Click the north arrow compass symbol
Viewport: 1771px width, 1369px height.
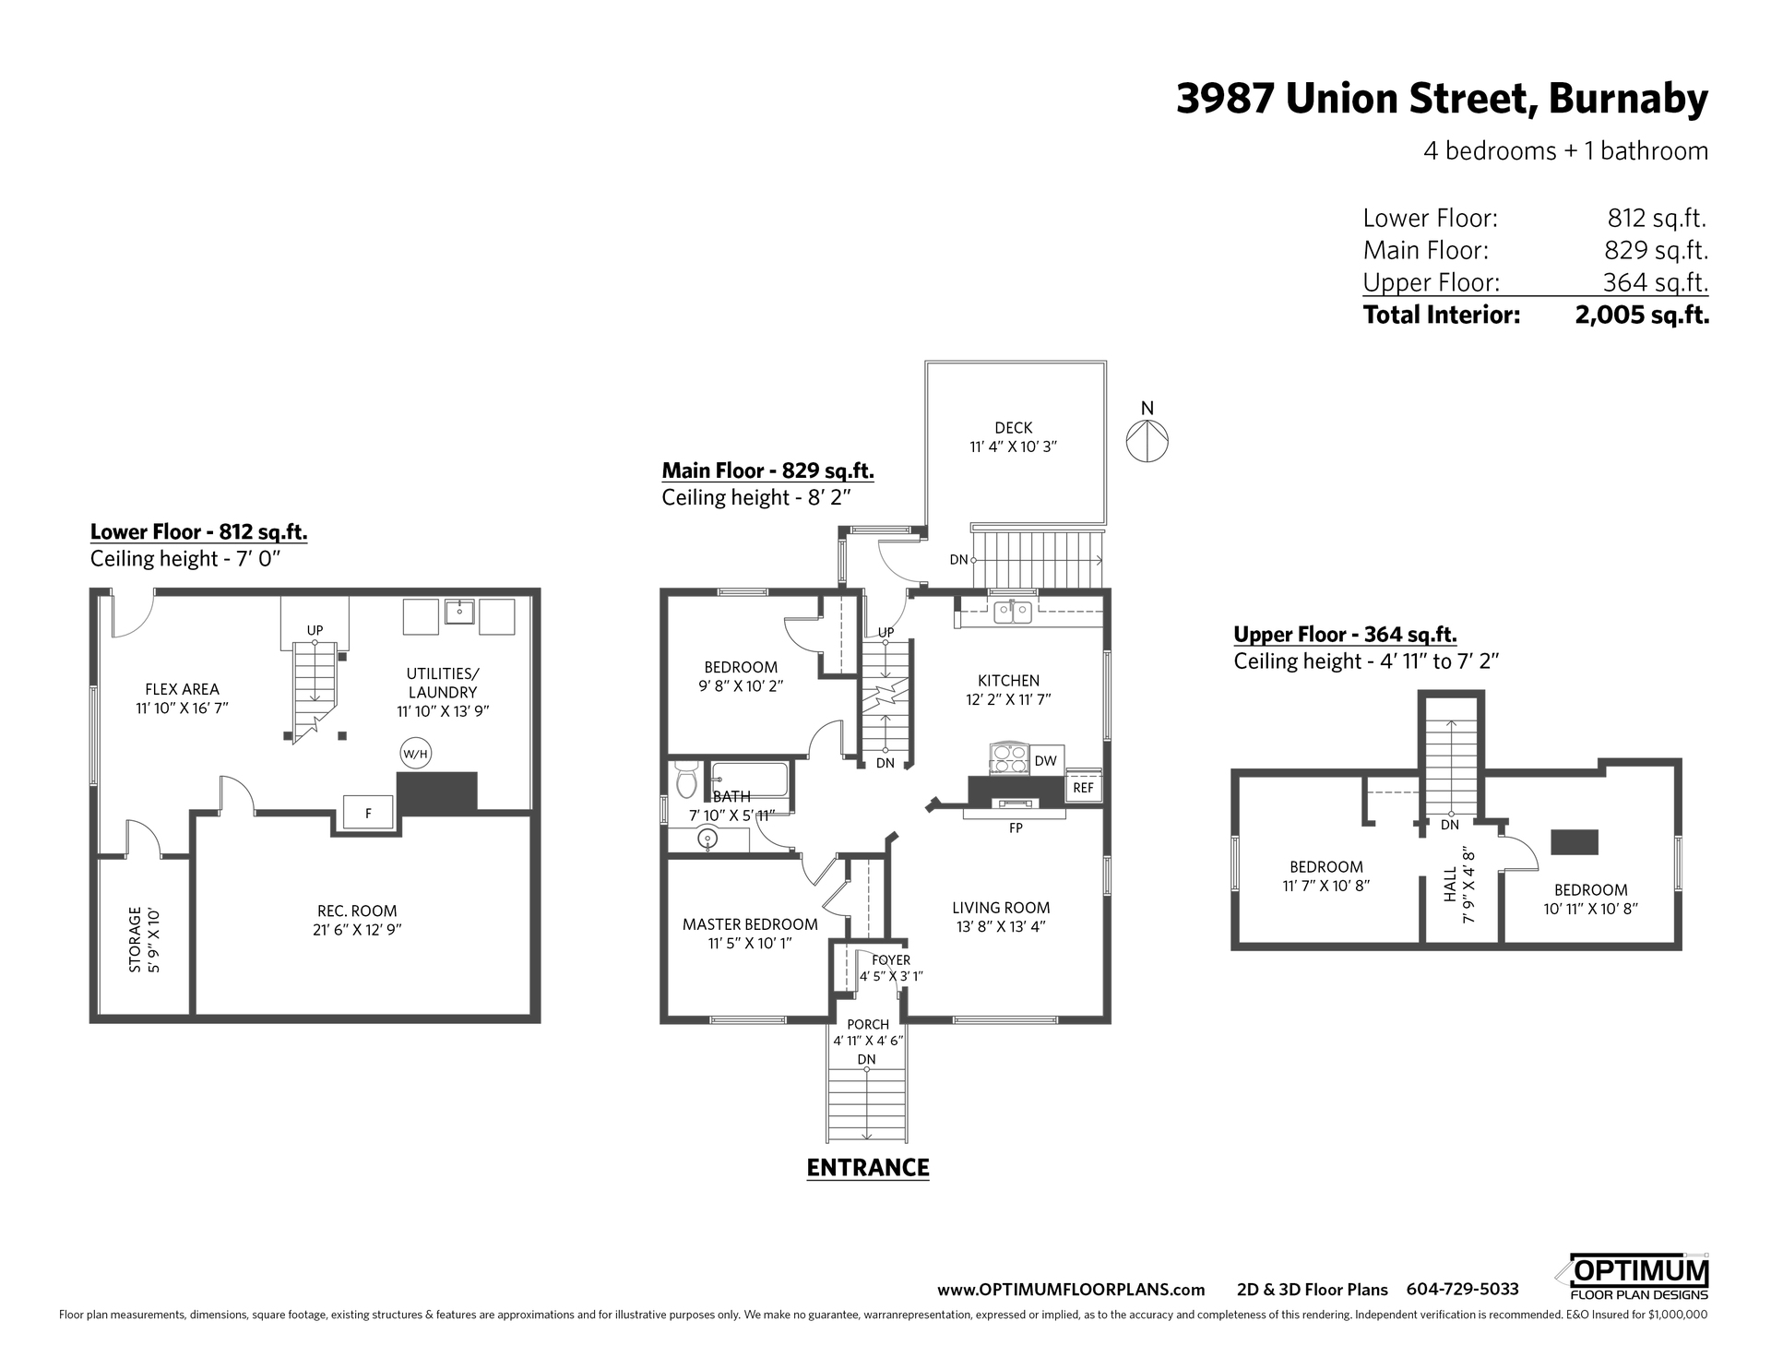click(1147, 440)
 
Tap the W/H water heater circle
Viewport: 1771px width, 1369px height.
click(415, 754)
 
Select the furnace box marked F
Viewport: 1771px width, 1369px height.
click(368, 813)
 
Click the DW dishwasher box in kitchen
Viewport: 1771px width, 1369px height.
click(1045, 761)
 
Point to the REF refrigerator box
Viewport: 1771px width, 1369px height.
click(1083, 787)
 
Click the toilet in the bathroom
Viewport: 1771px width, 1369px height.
click(685, 780)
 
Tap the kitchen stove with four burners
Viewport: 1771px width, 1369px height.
click(1008, 759)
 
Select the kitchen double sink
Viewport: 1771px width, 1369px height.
click(1012, 612)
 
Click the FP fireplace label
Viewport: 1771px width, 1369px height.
click(1016, 828)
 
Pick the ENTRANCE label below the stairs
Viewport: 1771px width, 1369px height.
click(868, 1168)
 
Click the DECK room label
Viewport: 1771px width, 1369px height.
click(1014, 428)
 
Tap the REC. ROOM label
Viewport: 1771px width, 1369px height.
click(357, 911)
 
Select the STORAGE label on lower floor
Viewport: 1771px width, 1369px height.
click(136, 940)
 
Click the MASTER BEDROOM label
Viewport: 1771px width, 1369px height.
click(750, 924)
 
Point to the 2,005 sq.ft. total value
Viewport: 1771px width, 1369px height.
click(1642, 315)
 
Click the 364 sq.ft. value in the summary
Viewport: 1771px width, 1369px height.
click(1656, 282)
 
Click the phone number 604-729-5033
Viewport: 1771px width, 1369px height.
click(1462, 1290)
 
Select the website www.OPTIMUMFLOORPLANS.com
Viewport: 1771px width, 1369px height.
click(1071, 1290)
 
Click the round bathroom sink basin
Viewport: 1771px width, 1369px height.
click(707, 839)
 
